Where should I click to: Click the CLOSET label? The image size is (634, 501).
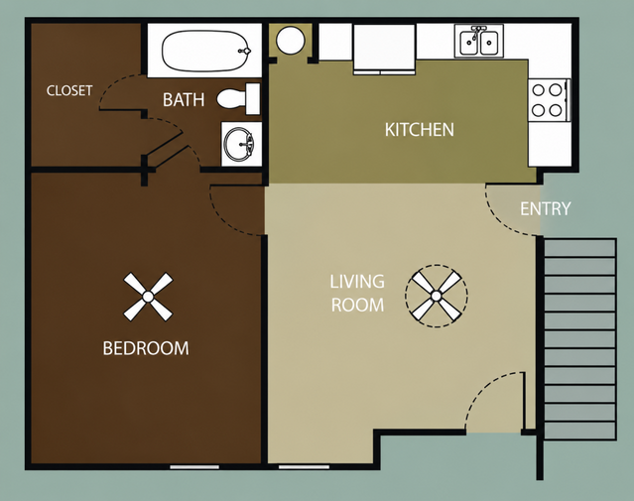(x=69, y=90)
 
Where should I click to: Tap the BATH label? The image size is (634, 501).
(x=184, y=100)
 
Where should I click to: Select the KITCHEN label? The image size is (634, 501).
(x=420, y=130)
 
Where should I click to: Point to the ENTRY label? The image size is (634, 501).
(x=545, y=208)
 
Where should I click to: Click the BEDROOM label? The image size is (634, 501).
(x=146, y=348)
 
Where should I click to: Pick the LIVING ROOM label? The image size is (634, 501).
(x=357, y=294)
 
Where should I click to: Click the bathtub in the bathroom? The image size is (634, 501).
(x=206, y=51)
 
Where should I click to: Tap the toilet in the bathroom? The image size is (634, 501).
(x=238, y=99)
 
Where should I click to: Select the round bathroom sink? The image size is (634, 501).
(x=240, y=145)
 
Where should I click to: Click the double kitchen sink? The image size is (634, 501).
(x=479, y=41)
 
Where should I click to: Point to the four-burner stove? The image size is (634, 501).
(x=549, y=100)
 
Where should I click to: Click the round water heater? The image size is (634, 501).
(x=290, y=40)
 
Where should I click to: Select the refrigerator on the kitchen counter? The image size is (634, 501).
(x=384, y=50)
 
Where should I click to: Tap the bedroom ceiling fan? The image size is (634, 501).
(x=148, y=297)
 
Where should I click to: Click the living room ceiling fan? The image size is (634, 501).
(x=437, y=296)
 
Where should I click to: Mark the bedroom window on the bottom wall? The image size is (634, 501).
(x=194, y=467)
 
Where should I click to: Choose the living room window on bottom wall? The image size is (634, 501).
(x=304, y=467)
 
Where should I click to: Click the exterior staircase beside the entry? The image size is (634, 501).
(x=579, y=339)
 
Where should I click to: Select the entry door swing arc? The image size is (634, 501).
(x=498, y=221)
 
